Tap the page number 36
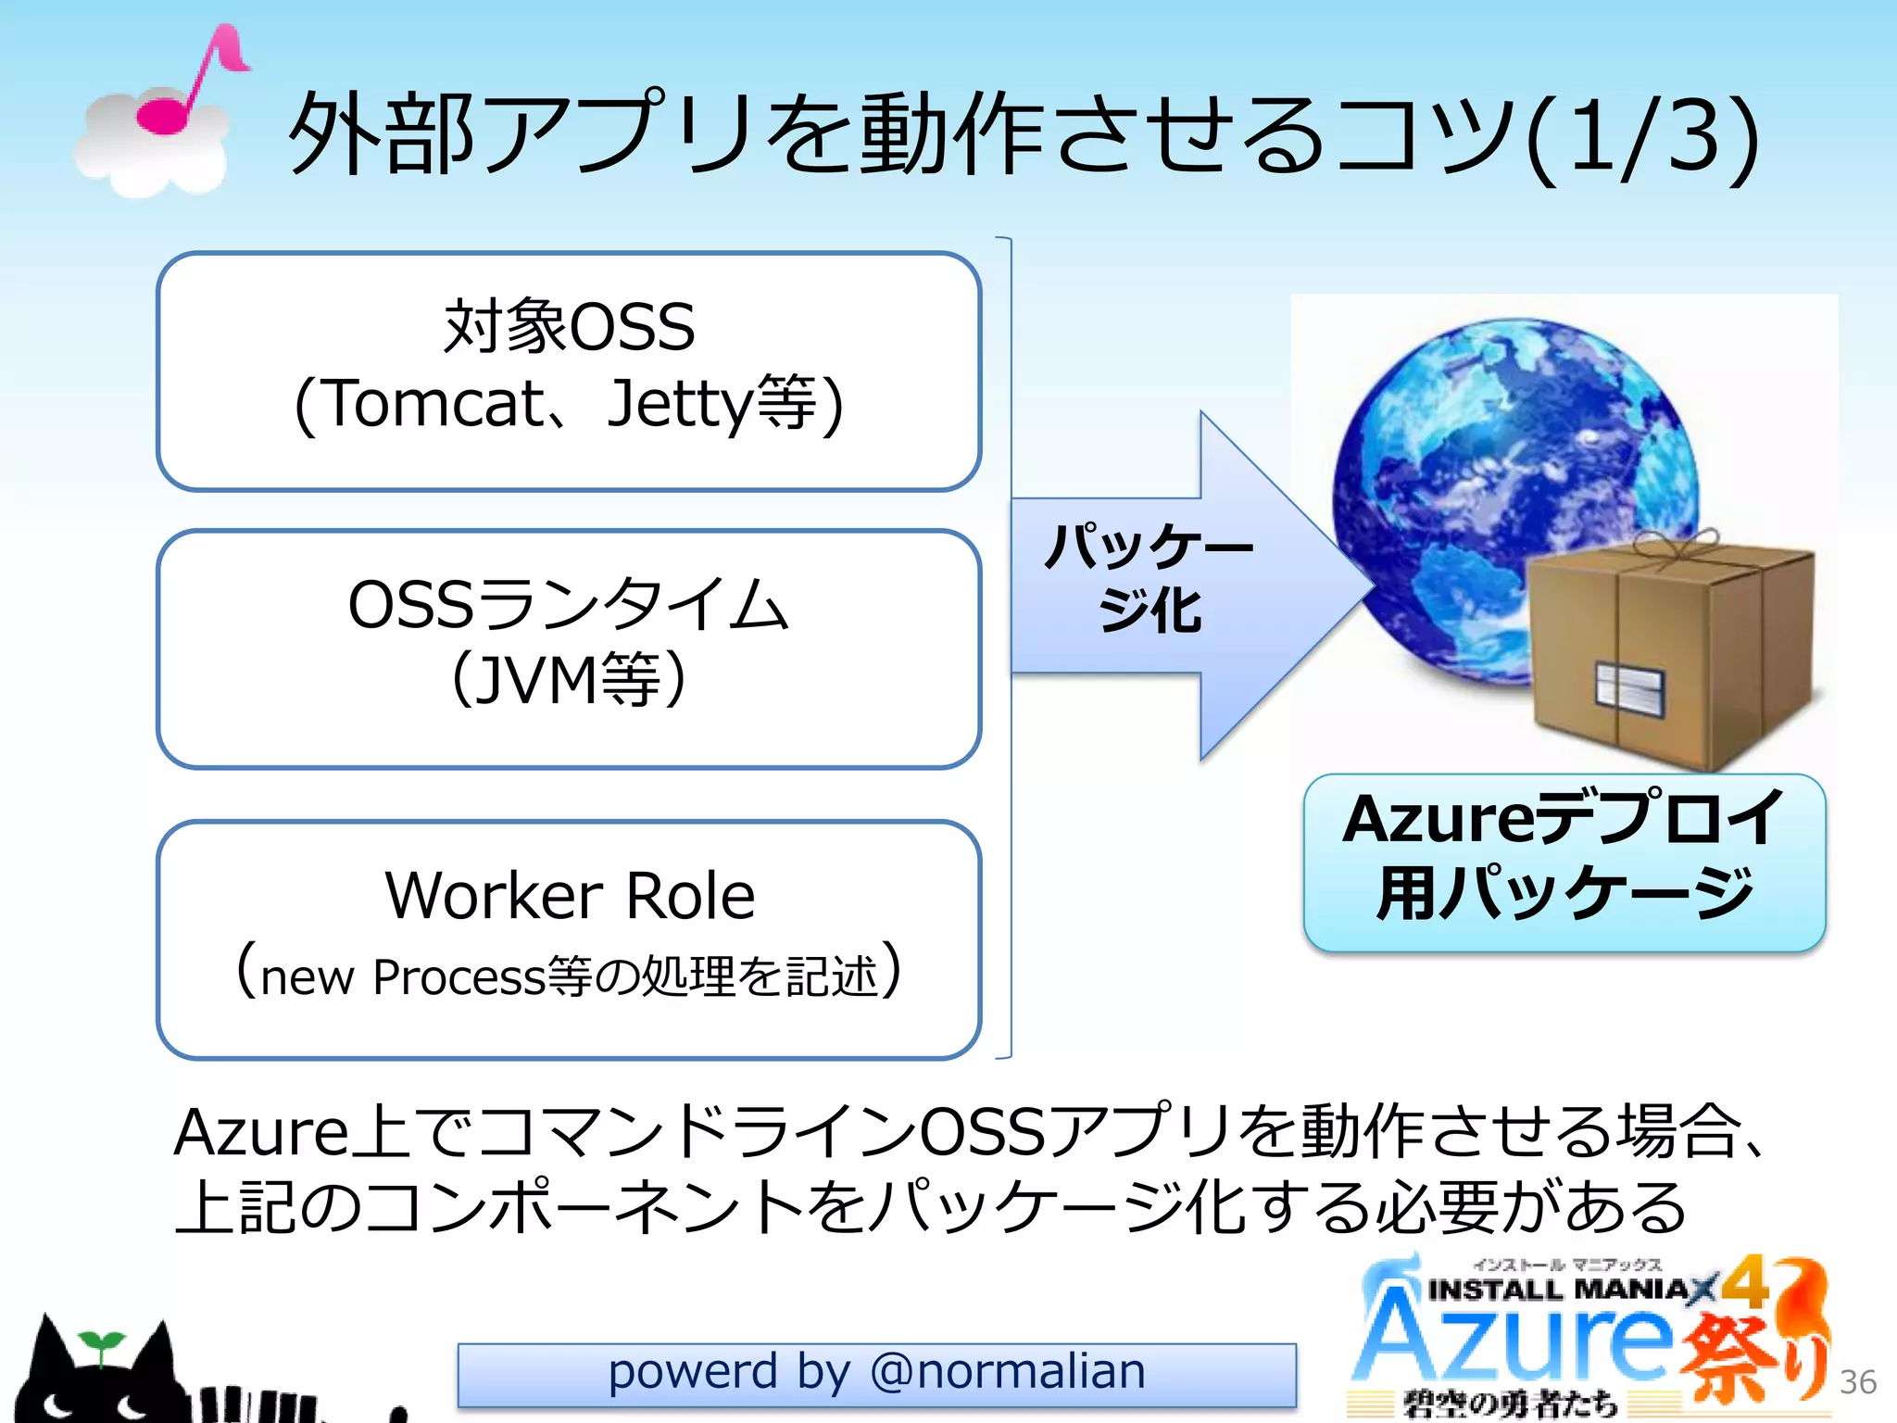(1857, 1381)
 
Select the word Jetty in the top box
(680, 405)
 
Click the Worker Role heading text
(570, 896)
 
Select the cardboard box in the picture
(1667, 649)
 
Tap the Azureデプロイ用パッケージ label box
(1564, 862)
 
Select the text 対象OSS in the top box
(569, 327)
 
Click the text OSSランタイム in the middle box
(569, 604)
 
